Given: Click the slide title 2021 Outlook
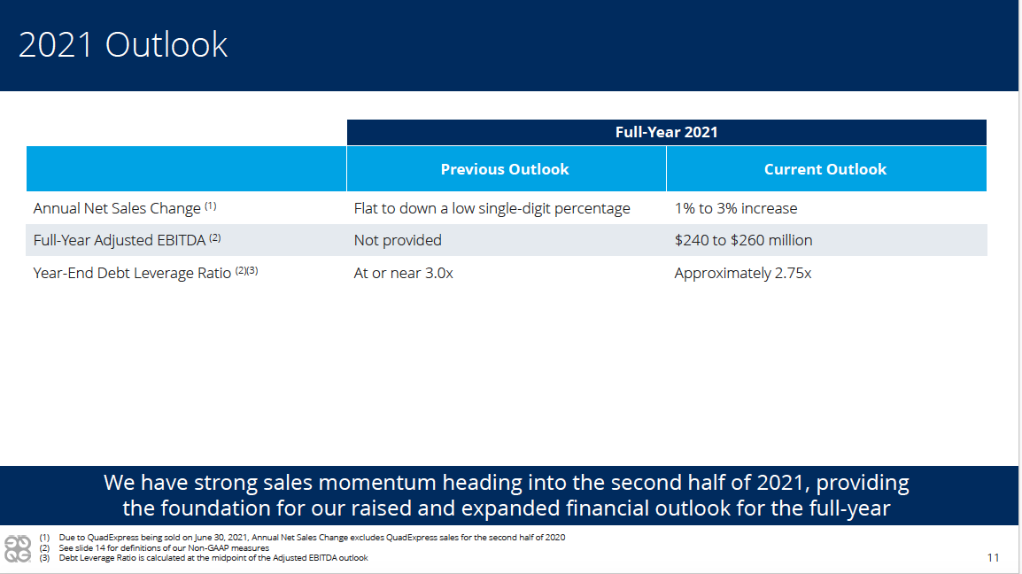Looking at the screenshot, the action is [122, 45].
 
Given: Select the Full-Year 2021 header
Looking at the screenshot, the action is [666, 132].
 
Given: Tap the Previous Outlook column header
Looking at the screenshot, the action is [505, 169].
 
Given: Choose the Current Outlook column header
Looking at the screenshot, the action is [825, 169].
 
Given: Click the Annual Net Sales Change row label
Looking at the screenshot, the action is [117, 208].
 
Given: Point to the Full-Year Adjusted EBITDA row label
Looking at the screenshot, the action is [120, 240].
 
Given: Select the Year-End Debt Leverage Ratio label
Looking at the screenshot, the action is [132, 273].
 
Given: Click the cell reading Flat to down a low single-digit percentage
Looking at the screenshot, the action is [492, 208].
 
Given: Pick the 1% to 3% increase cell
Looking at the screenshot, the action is [736, 208].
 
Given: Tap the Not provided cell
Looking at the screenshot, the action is [398, 240].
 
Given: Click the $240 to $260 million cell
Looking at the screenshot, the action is [744, 240].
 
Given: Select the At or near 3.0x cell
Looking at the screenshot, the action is [404, 273].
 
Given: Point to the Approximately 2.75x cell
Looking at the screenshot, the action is [743, 273].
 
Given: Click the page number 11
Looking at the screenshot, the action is [994, 558].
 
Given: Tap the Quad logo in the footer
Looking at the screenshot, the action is [18, 548].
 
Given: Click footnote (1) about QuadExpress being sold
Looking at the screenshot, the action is [302, 538].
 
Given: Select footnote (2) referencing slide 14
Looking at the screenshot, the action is [154, 548].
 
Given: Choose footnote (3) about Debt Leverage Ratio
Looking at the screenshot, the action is [204, 558].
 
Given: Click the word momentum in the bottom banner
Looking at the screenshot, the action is [378, 483].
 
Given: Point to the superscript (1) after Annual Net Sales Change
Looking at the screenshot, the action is [211, 206].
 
